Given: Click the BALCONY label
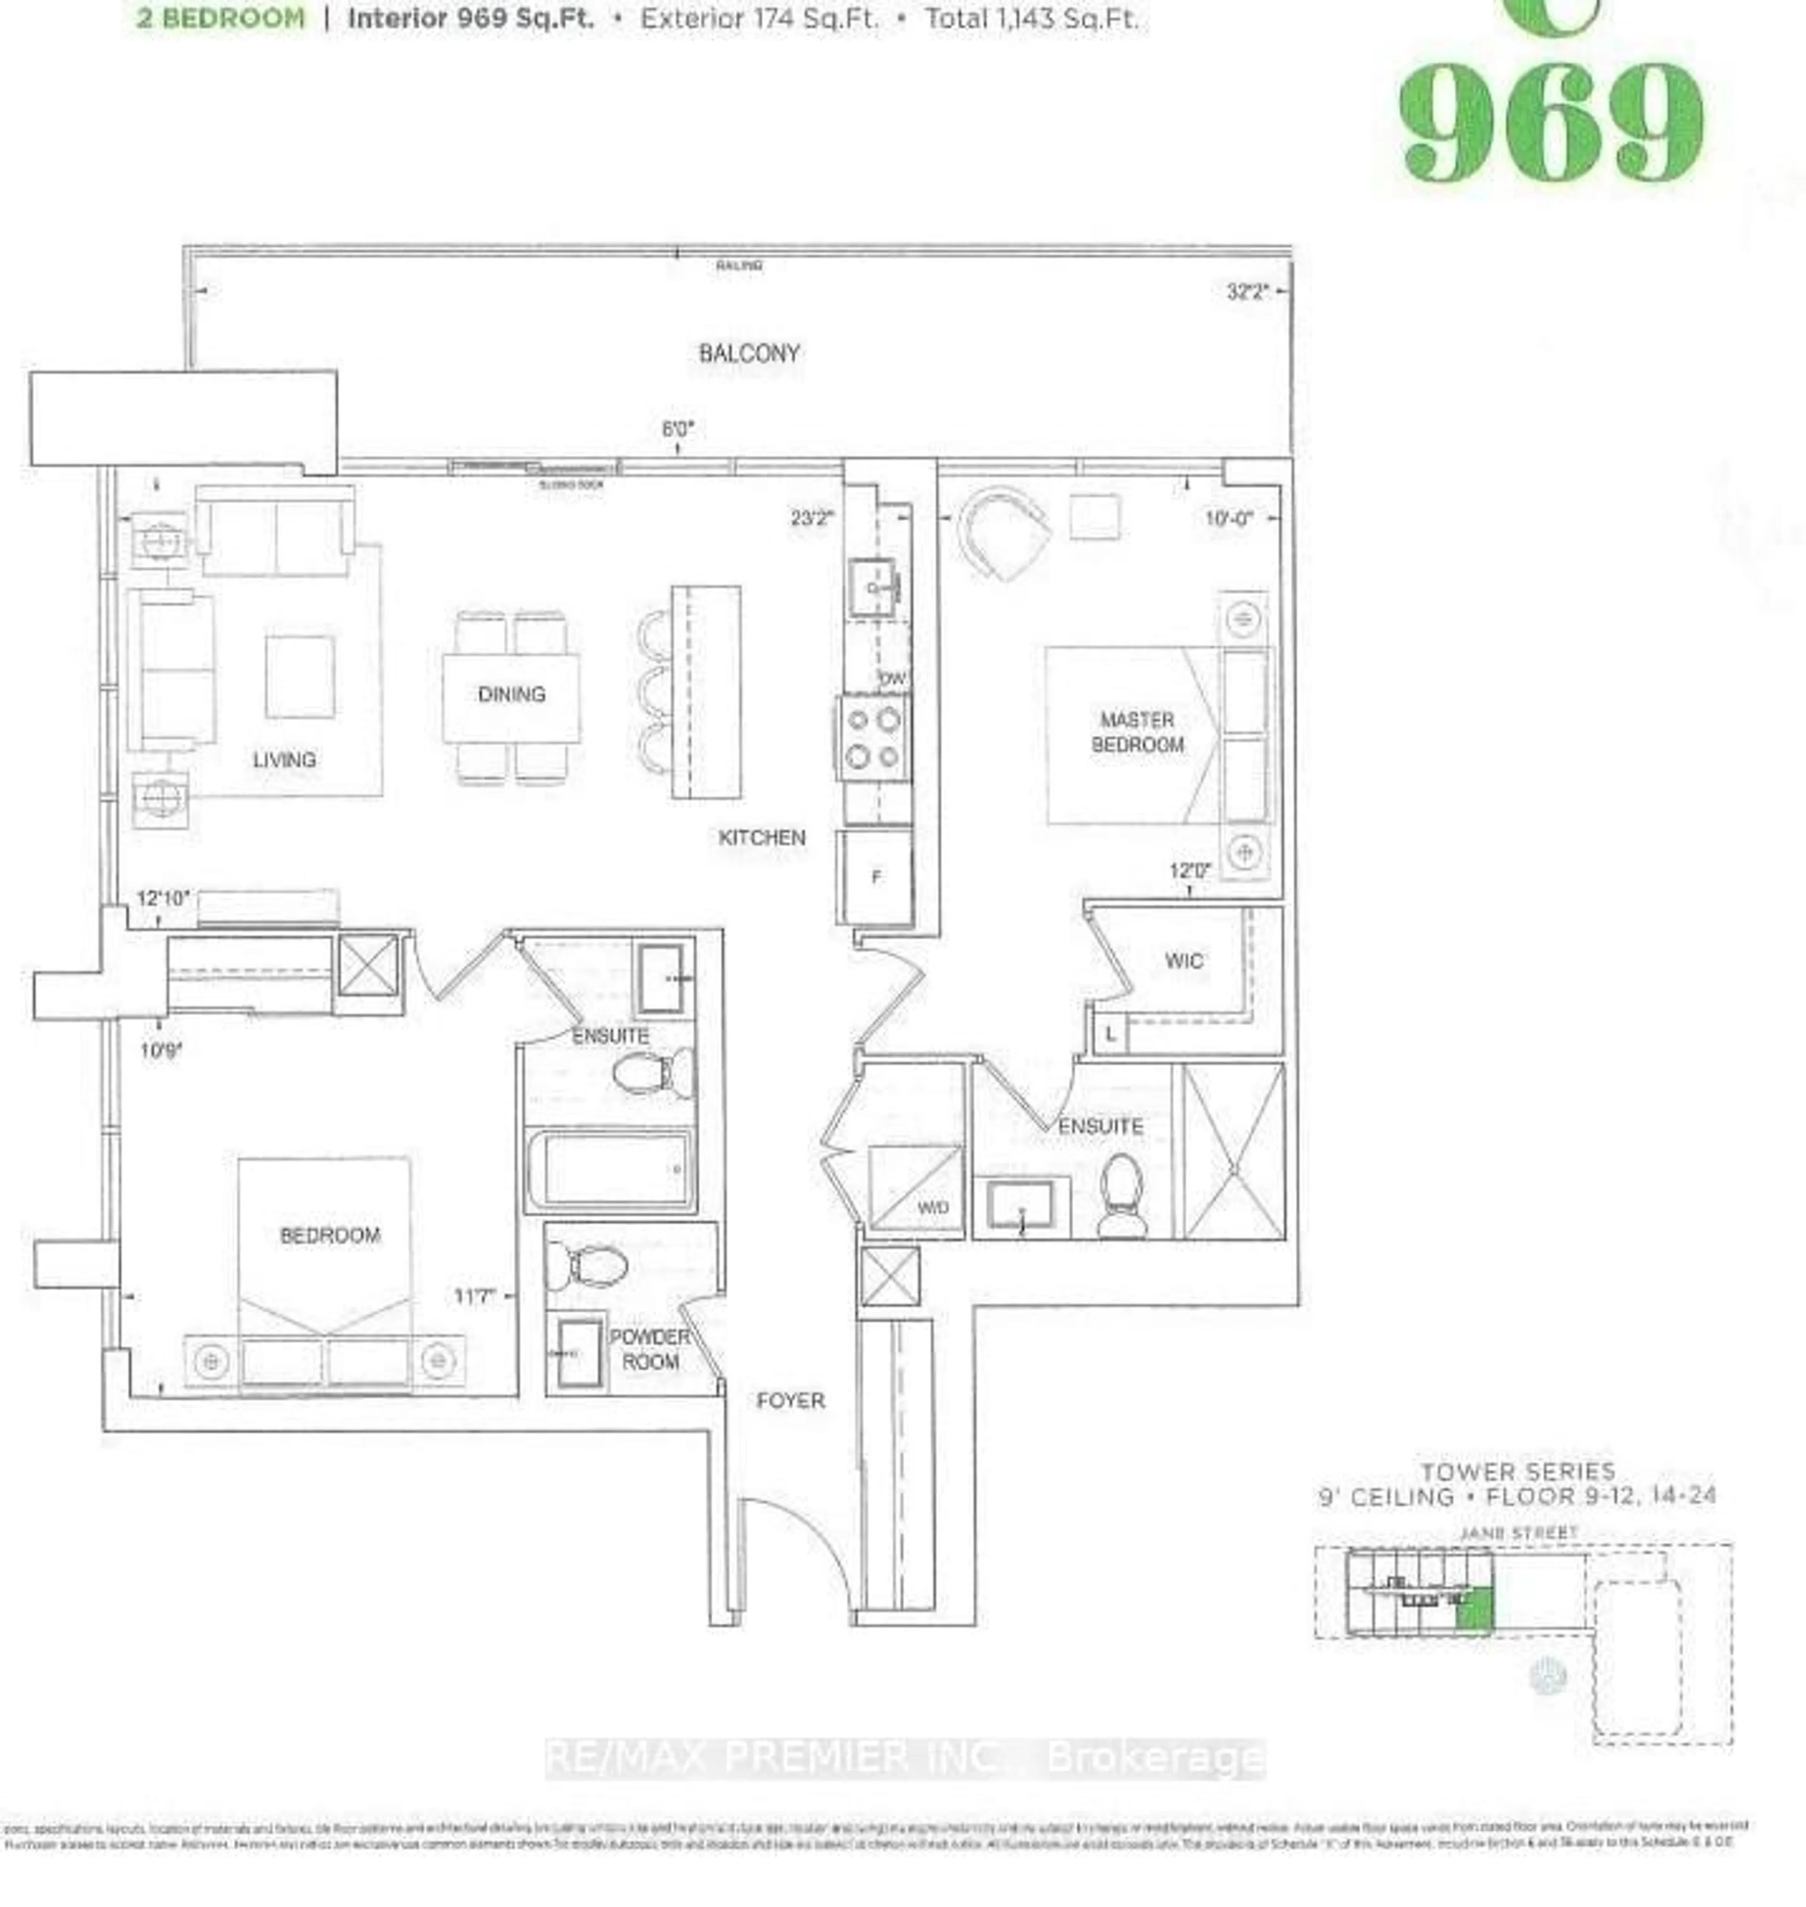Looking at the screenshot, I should [x=749, y=353].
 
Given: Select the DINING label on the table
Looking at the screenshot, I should [x=511, y=694].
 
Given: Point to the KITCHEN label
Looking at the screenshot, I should [x=761, y=838].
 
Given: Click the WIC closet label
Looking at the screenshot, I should [x=1183, y=961].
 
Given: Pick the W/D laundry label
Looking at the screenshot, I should [x=932, y=1207].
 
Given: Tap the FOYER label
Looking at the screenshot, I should [x=791, y=1401].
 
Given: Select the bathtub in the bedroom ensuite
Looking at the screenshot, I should [x=609, y=1170].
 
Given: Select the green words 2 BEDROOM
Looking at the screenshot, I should [x=221, y=18].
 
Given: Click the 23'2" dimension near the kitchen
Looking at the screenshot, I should [x=812, y=518].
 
